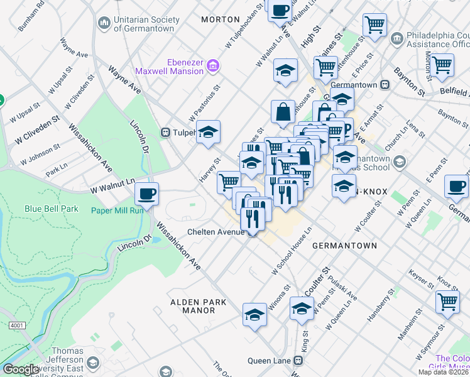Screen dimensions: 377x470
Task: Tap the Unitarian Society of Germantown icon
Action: point(104,24)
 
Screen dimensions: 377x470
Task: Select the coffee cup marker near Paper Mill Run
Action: point(146,194)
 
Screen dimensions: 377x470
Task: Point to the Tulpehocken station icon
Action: point(167,133)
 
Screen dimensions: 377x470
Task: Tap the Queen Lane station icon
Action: point(298,361)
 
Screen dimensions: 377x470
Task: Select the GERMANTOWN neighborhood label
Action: point(344,246)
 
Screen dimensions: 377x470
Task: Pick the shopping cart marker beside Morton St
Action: point(442,64)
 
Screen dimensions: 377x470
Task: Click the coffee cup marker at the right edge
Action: point(456,185)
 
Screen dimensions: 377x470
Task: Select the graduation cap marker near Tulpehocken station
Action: point(208,132)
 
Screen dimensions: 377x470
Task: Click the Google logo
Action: point(20,369)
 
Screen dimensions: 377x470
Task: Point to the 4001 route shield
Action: point(17,325)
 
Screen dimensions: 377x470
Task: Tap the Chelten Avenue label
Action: point(216,232)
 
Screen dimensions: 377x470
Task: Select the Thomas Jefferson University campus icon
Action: point(93,363)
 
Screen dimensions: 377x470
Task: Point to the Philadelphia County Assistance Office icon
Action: point(396,39)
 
